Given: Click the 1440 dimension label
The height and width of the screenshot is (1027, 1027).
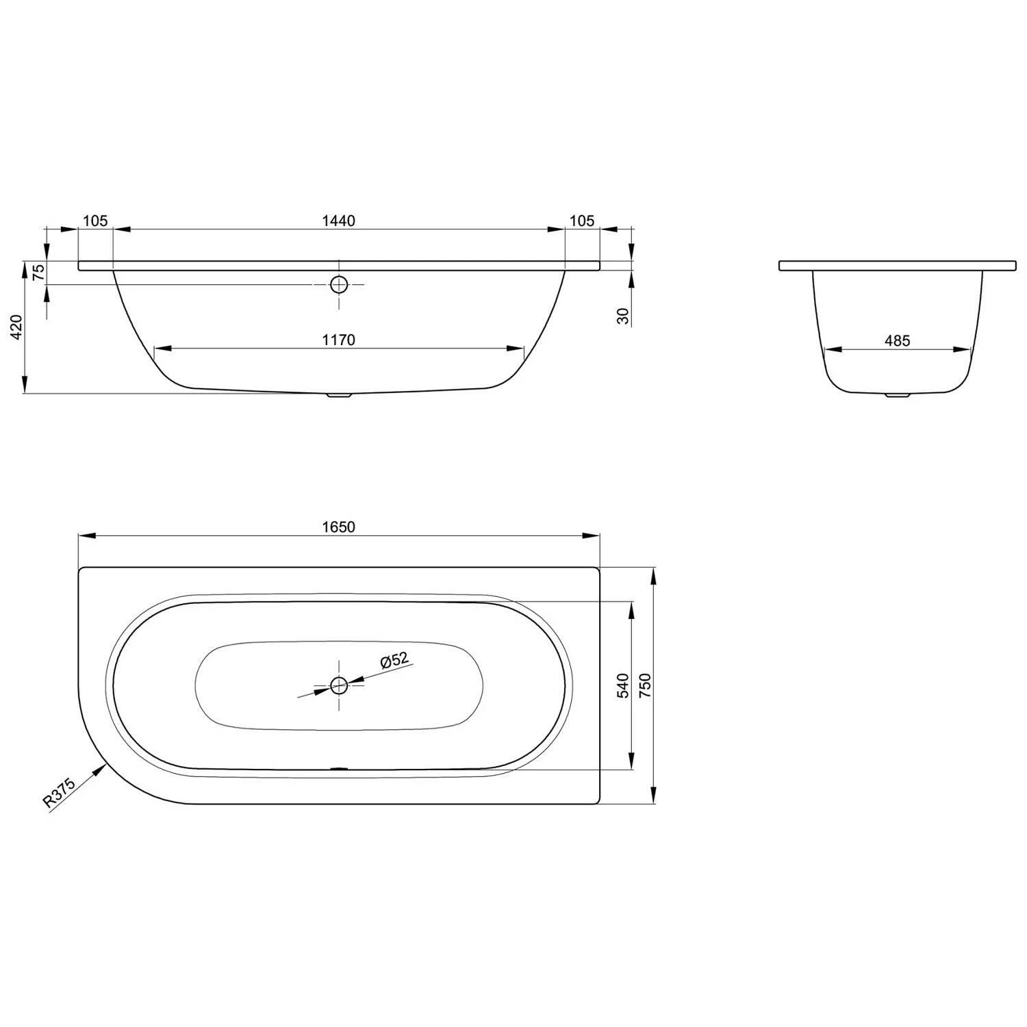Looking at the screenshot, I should (x=338, y=220).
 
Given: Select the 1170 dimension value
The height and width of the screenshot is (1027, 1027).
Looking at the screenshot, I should (x=338, y=340).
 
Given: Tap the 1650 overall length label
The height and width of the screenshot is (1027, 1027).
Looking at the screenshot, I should (x=338, y=527).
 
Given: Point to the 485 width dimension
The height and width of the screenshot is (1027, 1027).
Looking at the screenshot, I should (x=897, y=340).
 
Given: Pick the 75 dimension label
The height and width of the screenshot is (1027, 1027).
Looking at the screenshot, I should (x=39, y=272).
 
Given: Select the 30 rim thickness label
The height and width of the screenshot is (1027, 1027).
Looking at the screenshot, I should (x=623, y=316).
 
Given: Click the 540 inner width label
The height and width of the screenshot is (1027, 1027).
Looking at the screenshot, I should (x=623, y=685).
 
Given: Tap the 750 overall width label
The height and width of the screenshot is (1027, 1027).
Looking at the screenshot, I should (x=645, y=685).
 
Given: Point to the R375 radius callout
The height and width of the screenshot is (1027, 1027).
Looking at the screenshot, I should (x=58, y=794).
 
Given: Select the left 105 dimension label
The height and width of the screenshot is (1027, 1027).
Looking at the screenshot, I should (x=95, y=220).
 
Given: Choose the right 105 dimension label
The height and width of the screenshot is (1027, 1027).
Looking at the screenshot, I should (x=582, y=220).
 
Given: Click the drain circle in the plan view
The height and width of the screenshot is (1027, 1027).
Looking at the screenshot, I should (x=339, y=685).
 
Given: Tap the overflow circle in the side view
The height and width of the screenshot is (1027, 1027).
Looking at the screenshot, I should (x=339, y=285).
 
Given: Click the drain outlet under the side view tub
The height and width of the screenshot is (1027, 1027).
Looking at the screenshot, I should (x=339, y=395).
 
